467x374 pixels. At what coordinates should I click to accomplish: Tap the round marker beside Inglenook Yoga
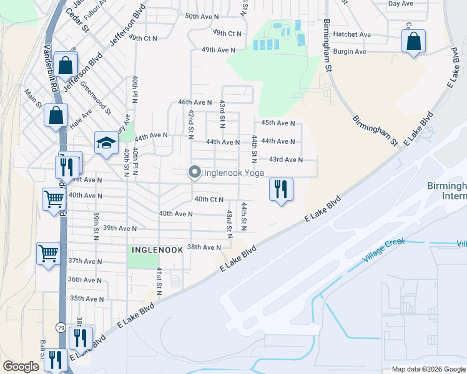coord(194,172)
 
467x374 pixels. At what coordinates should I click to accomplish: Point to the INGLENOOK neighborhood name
coord(157,249)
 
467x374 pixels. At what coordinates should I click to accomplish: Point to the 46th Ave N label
coord(195,102)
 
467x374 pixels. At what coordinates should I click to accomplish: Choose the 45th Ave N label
coord(278,123)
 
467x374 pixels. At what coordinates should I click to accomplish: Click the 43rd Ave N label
coord(285,160)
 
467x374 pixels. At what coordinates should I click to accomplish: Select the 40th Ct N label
coord(209,199)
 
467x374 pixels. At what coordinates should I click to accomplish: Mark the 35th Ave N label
coord(87,299)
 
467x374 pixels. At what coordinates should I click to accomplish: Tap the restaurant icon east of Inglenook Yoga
coord(281,188)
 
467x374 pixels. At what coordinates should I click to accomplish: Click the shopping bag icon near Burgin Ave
coord(413,42)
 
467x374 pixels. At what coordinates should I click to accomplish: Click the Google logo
coord(21,367)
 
